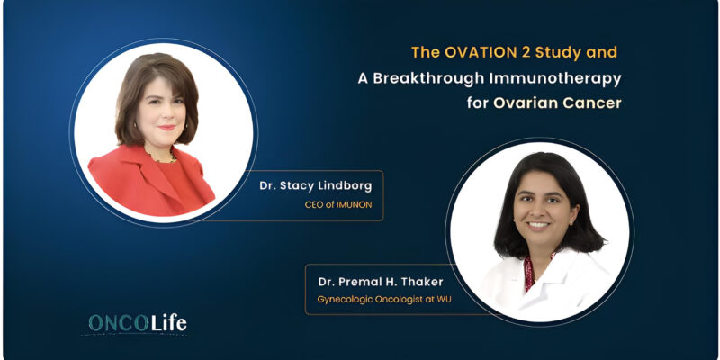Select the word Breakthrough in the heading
point(421,77)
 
